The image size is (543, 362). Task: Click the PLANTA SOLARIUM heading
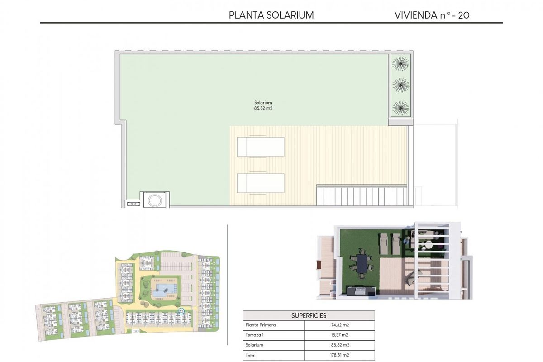click(271, 15)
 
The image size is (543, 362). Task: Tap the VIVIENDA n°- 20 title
click(432, 15)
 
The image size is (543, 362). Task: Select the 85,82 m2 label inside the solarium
click(263, 109)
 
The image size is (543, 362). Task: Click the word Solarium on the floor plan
click(263, 103)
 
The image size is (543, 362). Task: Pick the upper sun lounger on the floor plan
click(260, 147)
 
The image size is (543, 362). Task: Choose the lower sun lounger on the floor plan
click(260, 183)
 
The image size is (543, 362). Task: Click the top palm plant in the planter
click(400, 62)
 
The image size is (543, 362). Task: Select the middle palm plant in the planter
click(400, 85)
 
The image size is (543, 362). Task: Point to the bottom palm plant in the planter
click(400, 108)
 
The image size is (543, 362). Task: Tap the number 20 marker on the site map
click(181, 311)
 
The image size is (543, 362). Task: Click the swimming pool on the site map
click(160, 290)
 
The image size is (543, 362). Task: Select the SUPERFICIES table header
click(309, 315)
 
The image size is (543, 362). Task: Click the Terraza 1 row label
click(255, 335)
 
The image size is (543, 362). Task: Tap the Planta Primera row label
click(261, 325)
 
